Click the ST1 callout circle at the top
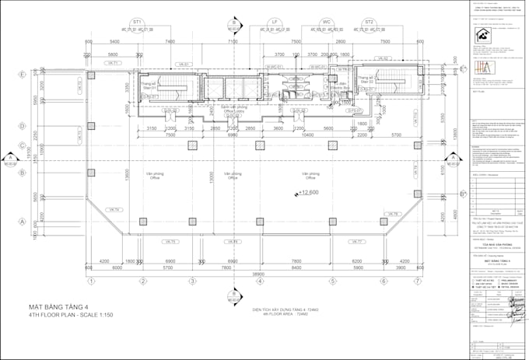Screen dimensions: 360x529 click(x=138, y=22)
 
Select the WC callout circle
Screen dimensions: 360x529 click(x=327, y=22)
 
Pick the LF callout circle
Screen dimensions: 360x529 click(x=275, y=22)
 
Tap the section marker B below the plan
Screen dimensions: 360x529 click(x=233, y=295)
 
